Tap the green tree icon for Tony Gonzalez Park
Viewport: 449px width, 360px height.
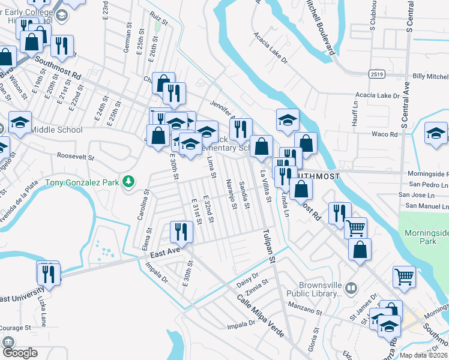pos(127,181)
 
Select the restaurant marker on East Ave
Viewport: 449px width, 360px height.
pos(181,232)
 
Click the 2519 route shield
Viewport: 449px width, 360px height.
pos(376,73)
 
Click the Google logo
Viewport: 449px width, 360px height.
pos(20,352)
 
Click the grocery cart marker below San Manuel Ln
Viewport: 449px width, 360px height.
pos(356,228)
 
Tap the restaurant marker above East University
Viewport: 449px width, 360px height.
pos(47,273)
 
